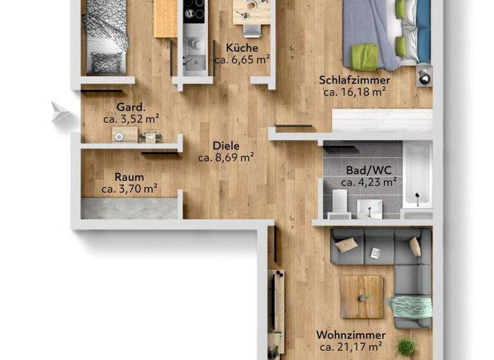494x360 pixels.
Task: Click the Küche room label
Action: pyautogui.click(x=241, y=48)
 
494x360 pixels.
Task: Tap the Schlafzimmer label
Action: pyautogui.click(x=354, y=80)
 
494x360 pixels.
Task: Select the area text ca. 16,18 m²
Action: pyautogui.click(x=354, y=92)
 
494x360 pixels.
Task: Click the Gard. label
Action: pyautogui.click(x=130, y=107)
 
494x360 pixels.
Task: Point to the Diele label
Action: pyautogui.click(x=226, y=145)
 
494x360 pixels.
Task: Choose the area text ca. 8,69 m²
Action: pyautogui.click(x=226, y=157)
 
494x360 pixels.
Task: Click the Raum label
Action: pyautogui.click(x=129, y=177)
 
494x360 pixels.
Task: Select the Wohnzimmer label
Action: pyautogui.click(x=351, y=336)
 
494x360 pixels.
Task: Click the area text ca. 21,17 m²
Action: pyautogui.click(x=351, y=347)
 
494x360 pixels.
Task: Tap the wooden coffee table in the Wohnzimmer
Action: pyautogui.click(x=361, y=296)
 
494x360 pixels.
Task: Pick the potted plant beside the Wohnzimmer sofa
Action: pyautogui.click(x=407, y=346)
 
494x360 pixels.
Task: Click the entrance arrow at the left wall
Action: pyautogui.click(x=61, y=112)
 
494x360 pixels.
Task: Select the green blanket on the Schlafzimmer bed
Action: pyautogui.click(x=364, y=57)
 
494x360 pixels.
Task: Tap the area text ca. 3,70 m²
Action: pyautogui.click(x=129, y=189)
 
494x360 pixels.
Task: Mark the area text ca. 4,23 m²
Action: pyautogui.click(x=368, y=182)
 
